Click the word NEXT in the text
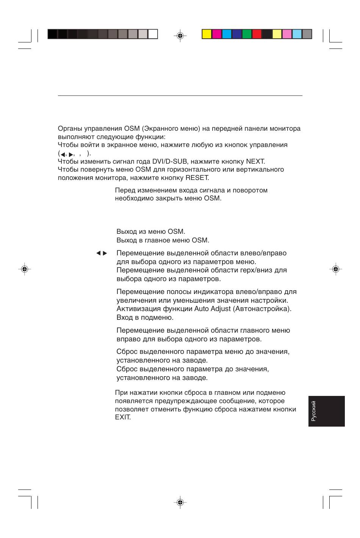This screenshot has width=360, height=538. click(x=255, y=161)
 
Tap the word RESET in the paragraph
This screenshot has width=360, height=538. click(x=197, y=178)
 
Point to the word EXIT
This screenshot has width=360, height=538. click(x=123, y=418)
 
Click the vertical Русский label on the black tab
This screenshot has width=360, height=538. click(x=313, y=411)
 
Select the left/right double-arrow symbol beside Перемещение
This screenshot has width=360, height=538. click(x=102, y=253)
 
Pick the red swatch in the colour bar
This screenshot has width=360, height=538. click(x=257, y=34)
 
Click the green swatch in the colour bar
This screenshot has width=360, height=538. click(x=247, y=34)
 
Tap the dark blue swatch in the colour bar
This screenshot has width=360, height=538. click(x=236, y=34)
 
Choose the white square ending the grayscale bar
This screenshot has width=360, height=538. click(x=153, y=34)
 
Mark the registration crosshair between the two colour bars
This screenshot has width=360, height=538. click(x=180, y=36)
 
